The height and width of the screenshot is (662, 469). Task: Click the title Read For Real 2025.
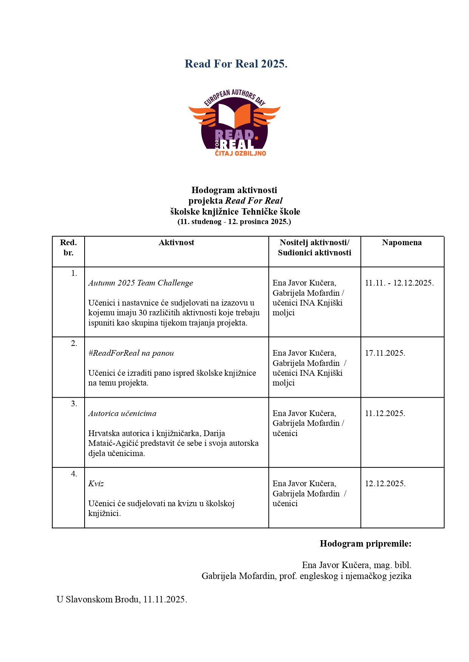pos(236,64)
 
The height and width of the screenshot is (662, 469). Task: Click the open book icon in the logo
pos(234,115)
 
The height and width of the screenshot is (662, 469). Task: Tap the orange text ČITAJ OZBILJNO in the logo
pos(241,154)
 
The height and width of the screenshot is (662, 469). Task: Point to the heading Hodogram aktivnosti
pos(234,190)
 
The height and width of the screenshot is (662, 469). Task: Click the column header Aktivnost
pos(176,243)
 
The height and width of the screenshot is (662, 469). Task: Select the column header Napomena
pos(402,243)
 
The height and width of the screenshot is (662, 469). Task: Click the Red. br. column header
pos(68,247)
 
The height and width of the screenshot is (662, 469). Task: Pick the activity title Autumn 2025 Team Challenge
pos(140,283)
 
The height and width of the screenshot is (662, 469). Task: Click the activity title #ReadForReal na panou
pos(131,353)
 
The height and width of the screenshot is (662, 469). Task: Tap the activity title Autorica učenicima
pos(122,413)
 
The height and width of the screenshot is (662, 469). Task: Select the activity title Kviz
pos(96,484)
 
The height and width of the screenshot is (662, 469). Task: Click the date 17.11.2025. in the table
pos(385,353)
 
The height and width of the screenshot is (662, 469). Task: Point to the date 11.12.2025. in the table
pos(385,413)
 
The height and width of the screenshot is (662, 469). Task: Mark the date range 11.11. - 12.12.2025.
pos(399,283)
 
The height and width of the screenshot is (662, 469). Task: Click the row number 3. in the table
pos(74,404)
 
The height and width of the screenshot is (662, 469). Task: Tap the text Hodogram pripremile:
pos(365,544)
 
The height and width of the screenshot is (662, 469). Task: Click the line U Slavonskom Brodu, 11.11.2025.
pos(122,599)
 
